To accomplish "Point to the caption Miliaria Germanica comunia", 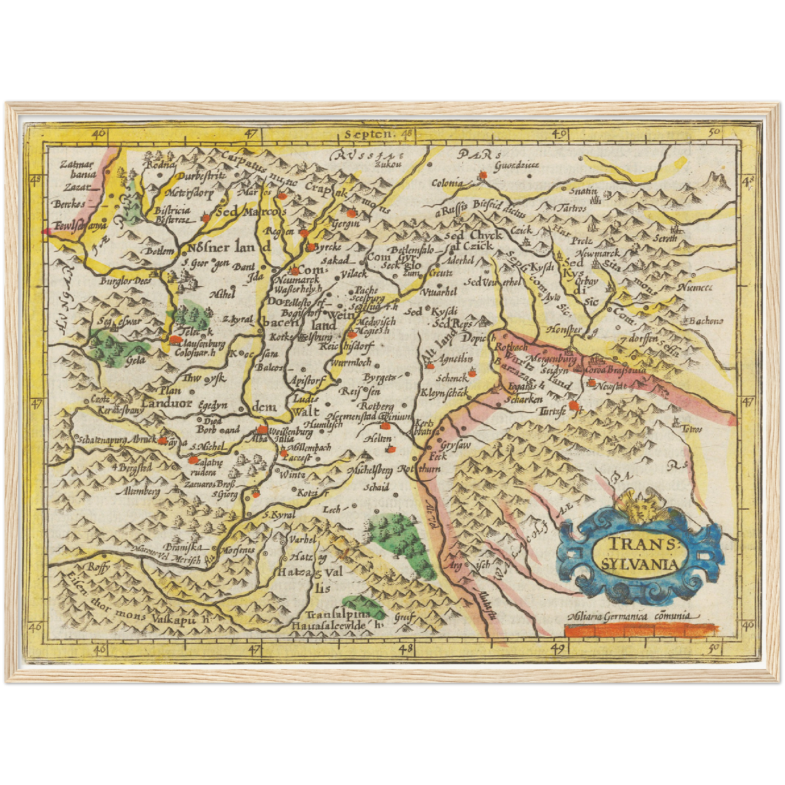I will [x=629, y=616].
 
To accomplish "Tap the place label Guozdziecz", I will [x=516, y=165].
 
